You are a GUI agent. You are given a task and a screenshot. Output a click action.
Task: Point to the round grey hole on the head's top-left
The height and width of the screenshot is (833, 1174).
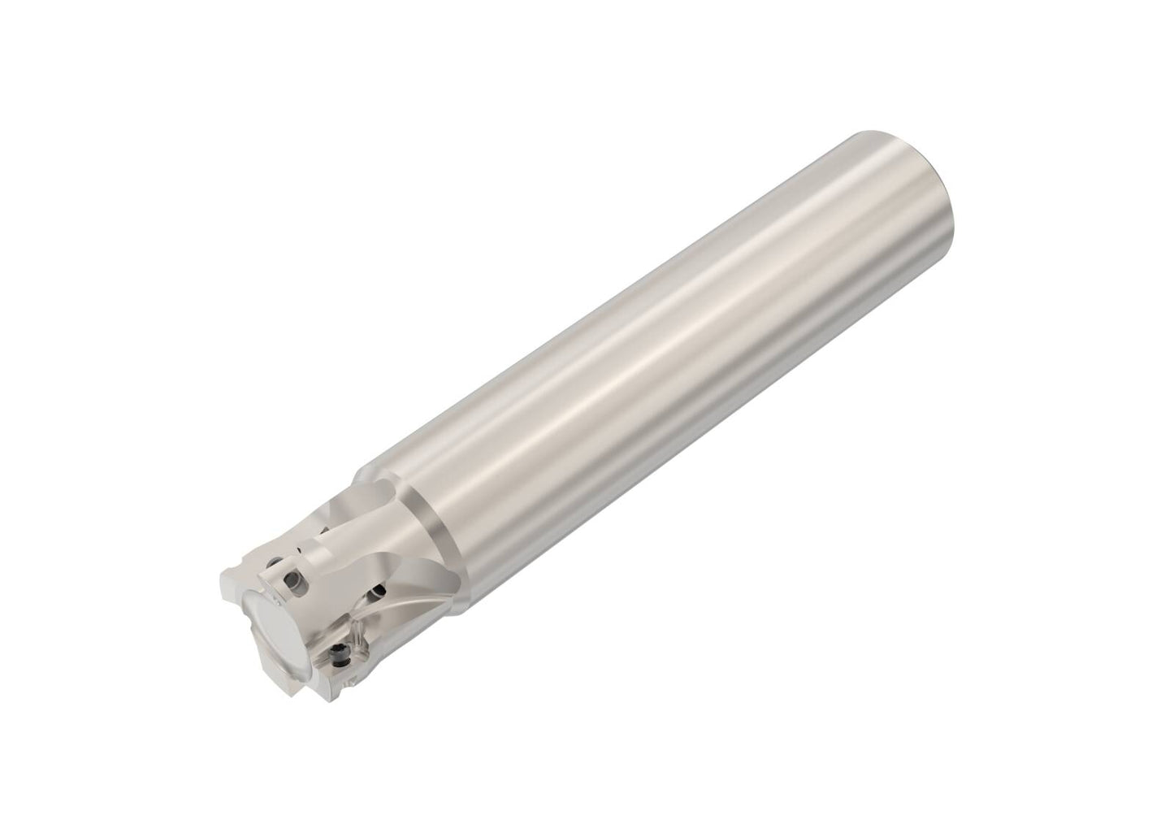point(273,562)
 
